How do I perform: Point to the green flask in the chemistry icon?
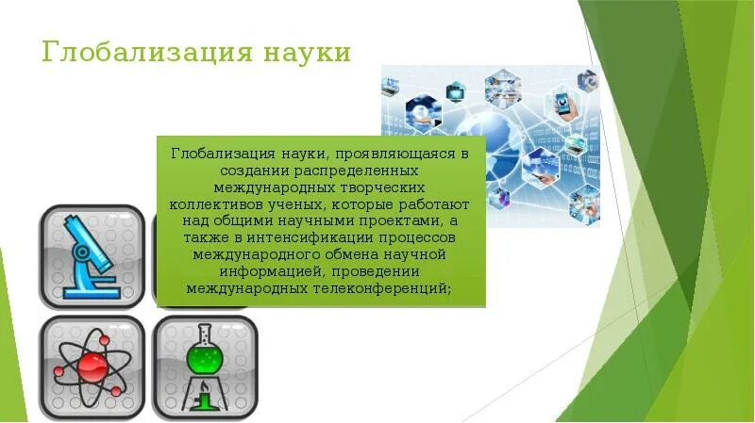(x=203, y=359)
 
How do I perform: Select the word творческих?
(x=388, y=187)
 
